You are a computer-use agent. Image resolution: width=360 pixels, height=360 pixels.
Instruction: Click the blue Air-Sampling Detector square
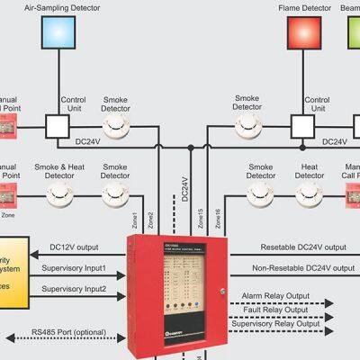(x=59, y=32)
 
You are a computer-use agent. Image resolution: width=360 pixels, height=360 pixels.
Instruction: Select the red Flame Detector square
(x=304, y=32)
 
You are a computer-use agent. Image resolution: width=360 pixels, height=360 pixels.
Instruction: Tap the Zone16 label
(x=216, y=219)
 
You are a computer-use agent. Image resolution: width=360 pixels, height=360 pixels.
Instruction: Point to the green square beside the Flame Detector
(x=354, y=32)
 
